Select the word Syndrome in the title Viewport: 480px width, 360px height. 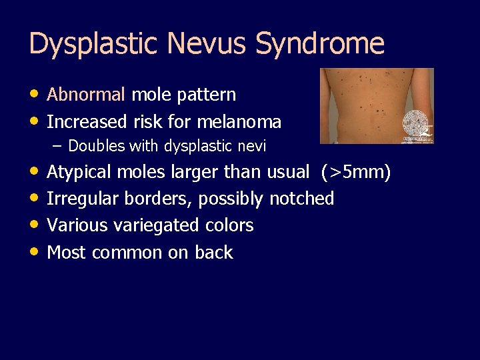321,44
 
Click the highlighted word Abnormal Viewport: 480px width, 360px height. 86,95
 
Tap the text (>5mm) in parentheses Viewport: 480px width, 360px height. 355,172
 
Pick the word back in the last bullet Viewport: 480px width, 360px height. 214,252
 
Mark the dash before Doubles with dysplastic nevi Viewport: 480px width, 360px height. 59,145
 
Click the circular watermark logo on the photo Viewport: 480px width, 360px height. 417,125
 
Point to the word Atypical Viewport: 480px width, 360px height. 80,172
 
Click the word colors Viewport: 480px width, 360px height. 229,225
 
